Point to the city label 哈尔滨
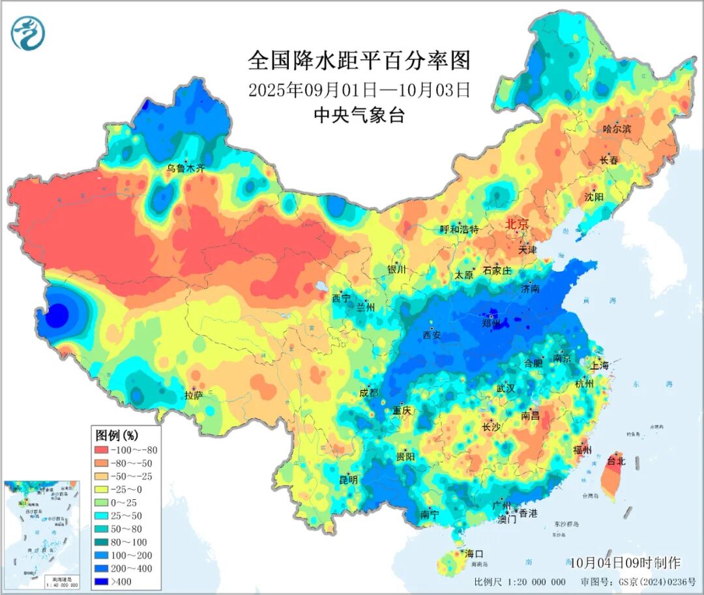(617, 130)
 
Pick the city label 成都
(368, 393)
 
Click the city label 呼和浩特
(460, 229)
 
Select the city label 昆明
(348, 480)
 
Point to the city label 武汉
(506, 388)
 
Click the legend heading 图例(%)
(117, 435)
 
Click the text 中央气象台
(359, 115)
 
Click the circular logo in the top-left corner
(28, 33)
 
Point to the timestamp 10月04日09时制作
(624, 562)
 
